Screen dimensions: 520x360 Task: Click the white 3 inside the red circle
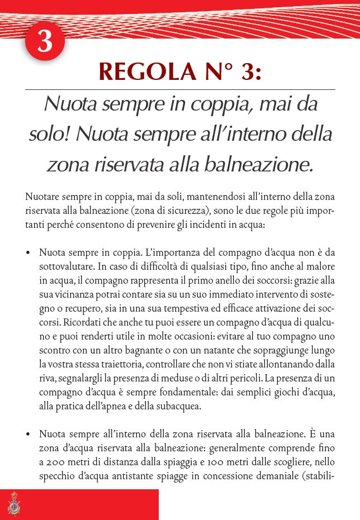coord(45,42)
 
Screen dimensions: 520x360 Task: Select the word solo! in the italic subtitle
coord(49,134)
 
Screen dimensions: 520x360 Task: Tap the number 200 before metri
coord(54,463)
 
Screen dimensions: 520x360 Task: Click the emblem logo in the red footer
coord(14,505)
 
